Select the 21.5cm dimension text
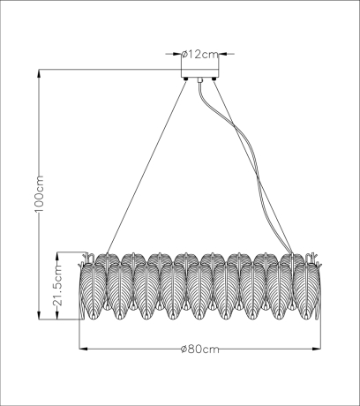(x=57, y=286)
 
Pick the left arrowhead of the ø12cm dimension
(x=177, y=53)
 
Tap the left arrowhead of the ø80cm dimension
(x=83, y=350)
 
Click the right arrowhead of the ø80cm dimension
(x=315, y=350)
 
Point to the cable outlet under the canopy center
(x=200, y=82)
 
